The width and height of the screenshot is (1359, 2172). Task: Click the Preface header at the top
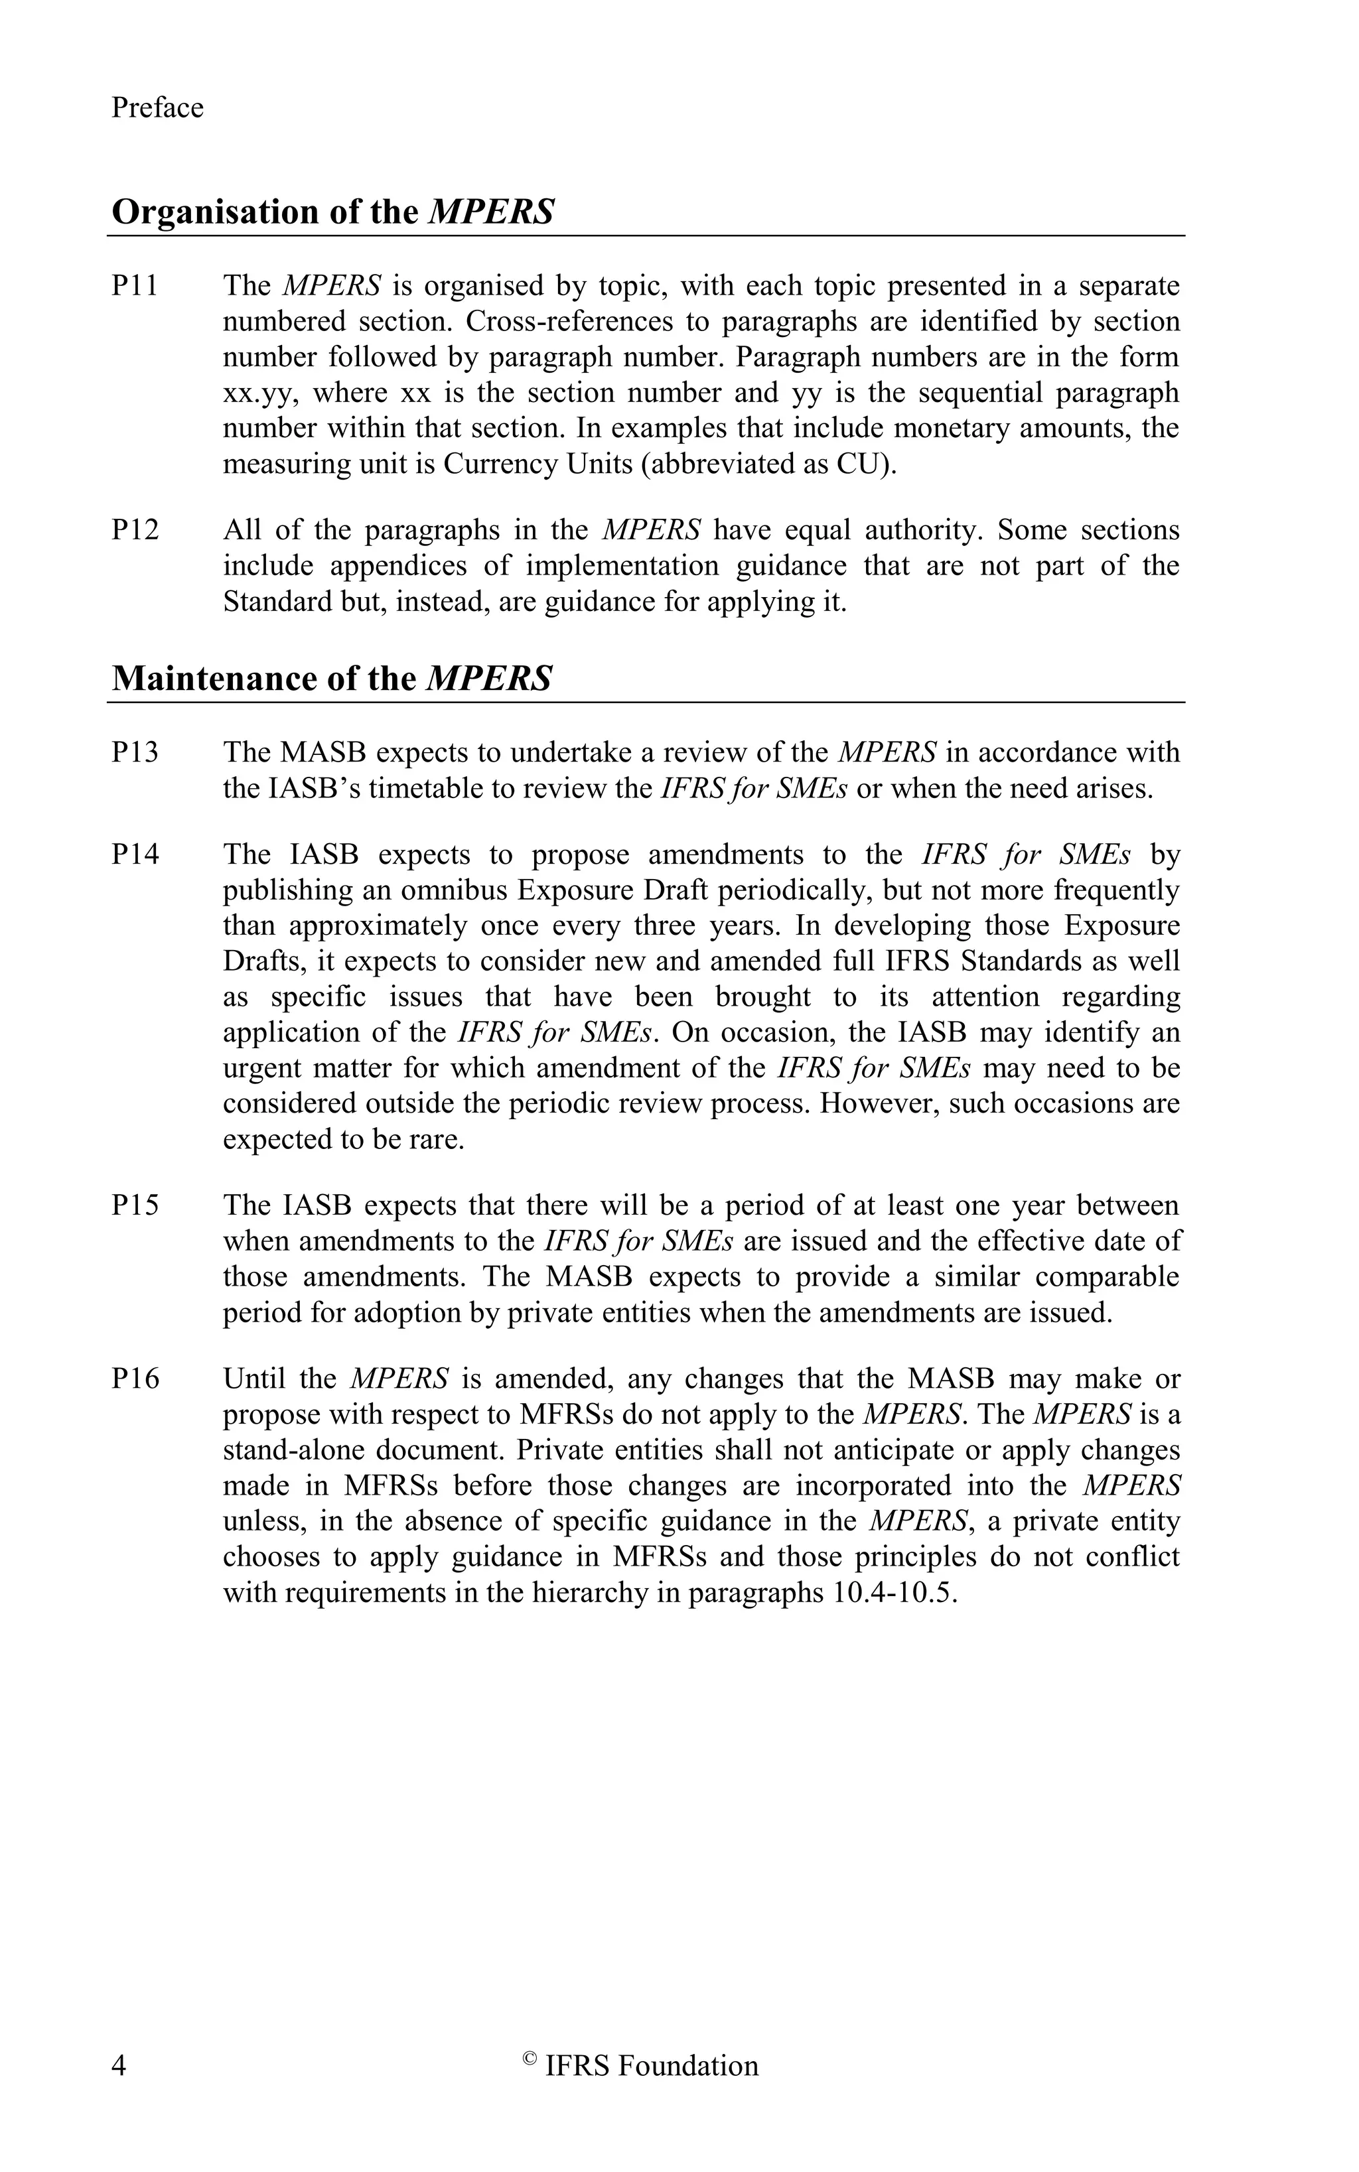[x=157, y=108]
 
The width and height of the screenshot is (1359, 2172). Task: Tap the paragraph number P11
[x=135, y=286]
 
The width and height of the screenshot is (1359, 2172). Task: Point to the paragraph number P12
[x=135, y=530]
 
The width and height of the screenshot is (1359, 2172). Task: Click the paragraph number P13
[x=135, y=752]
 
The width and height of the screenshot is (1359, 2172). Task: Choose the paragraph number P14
[x=135, y=854]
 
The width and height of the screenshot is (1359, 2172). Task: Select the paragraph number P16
[x=135, y=1379]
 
